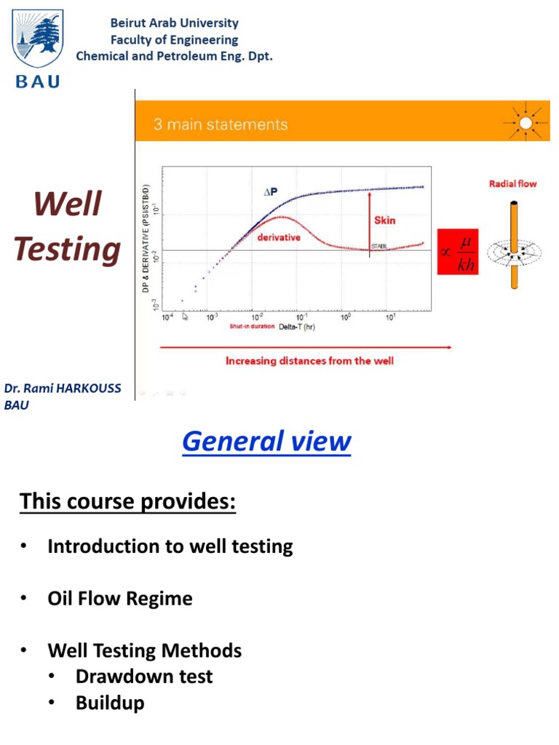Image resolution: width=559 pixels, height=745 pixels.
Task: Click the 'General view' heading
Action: (x=266, y=441)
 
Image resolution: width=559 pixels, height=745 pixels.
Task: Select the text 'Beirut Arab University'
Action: (x=174, y=23)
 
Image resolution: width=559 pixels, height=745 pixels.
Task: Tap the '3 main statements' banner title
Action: (x=220, y=124)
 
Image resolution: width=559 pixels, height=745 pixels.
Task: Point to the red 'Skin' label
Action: (x=384, y=220)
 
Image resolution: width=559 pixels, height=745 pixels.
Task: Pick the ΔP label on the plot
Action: (x=271, y=193)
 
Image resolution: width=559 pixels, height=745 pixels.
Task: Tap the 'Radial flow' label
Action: (x=512, y=183)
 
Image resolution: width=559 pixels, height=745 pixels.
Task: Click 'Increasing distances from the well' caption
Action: (x=309, y=361)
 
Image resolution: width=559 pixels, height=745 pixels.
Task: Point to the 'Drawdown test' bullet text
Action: (x=144, y=677)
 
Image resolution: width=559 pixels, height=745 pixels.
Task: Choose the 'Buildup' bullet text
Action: (x=110, y=704)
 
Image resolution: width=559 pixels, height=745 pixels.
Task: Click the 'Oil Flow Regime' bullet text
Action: (x=120, y=599)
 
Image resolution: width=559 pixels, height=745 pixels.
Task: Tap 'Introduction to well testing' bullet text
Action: (x=170, y=546)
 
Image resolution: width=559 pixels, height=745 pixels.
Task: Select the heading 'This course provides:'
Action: (x=128, y=501)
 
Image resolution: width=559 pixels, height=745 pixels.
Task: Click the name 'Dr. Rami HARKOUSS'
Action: (x=63, y=391)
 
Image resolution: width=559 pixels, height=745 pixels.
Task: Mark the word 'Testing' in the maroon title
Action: (x=67, y=250)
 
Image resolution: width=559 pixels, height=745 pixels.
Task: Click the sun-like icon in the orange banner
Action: (x=524, y=122)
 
